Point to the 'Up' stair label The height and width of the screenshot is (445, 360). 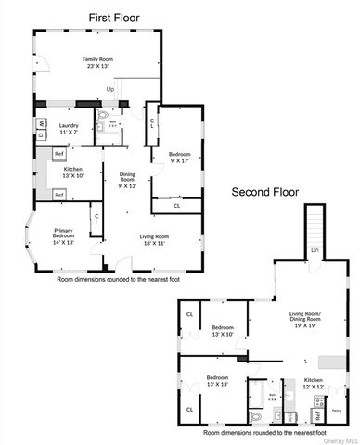click(110, 89)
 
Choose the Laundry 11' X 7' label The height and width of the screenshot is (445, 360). click(68, 130)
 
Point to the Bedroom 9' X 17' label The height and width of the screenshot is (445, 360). click(179, 157)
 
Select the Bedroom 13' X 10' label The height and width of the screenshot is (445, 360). click(221, 331)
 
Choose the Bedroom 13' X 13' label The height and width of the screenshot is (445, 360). click(216, 381)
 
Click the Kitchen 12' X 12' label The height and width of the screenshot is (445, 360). click(314, 384)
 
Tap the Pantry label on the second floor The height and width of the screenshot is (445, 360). click(336, 409)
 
